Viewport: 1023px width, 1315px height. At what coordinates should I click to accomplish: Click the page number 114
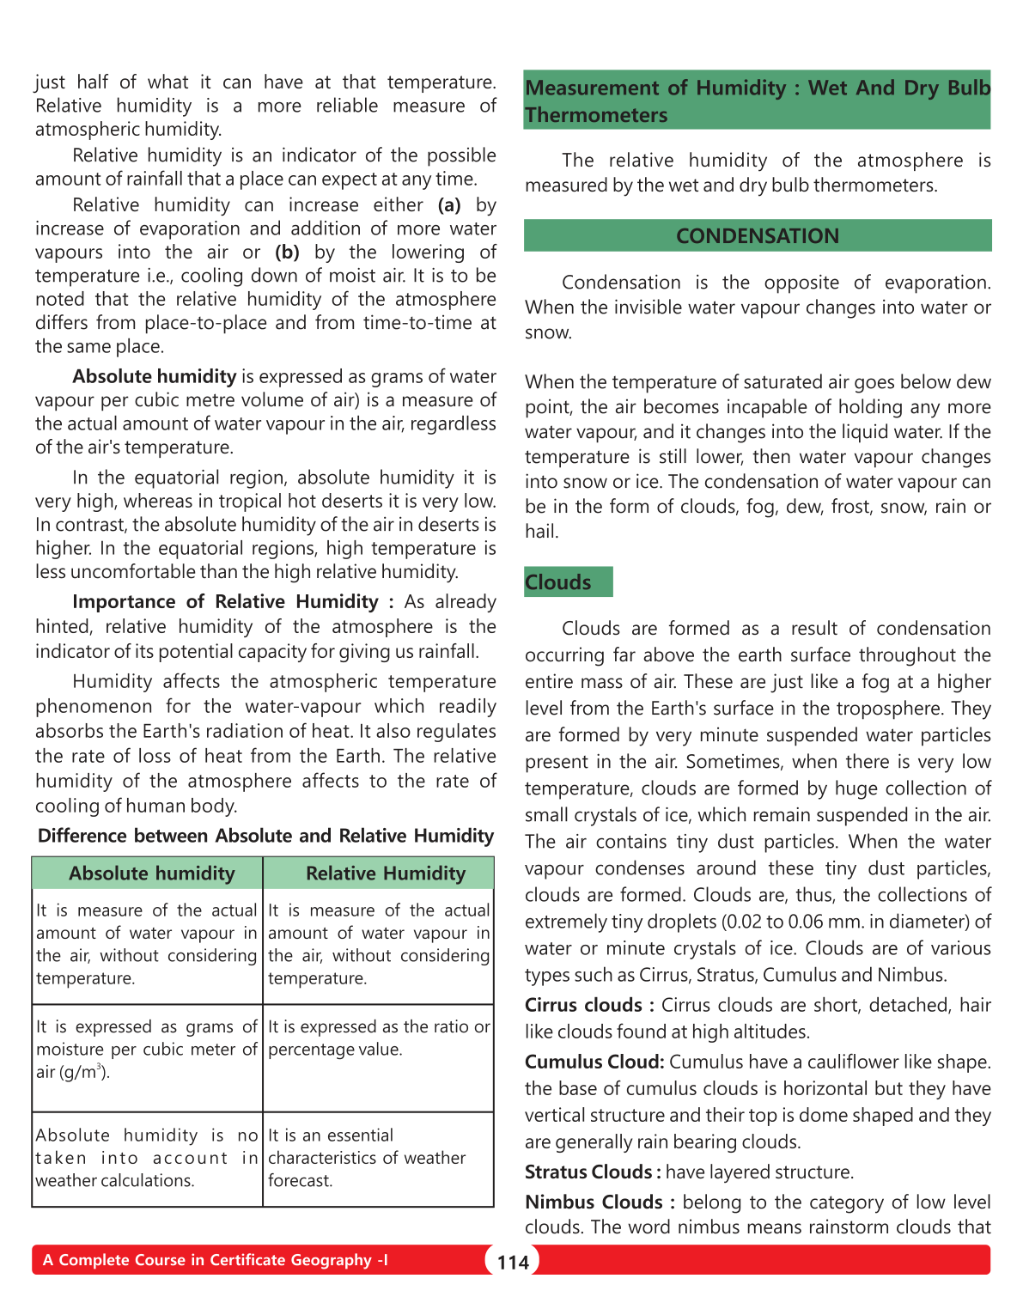513,1262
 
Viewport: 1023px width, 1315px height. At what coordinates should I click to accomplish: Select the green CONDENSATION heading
757,236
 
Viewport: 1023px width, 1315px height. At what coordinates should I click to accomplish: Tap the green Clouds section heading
559,582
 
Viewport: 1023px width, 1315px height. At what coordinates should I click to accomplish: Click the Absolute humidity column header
152,874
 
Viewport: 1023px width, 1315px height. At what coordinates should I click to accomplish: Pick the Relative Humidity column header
386,874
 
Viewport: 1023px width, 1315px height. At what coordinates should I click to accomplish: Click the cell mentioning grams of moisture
147,1050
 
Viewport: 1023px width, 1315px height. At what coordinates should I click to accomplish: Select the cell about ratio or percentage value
379,1038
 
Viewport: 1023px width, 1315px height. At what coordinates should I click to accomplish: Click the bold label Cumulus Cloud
594,1062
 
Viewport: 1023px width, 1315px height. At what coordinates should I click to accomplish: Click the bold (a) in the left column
449,205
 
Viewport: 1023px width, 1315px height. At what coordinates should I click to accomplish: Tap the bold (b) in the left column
287,253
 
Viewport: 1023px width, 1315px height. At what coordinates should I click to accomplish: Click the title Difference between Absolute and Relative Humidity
265,837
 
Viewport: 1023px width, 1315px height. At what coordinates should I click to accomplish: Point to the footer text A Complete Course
215,1260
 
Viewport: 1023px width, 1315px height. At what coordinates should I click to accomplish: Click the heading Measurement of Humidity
757,100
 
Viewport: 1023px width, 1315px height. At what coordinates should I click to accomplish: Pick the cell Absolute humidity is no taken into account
147,1158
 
